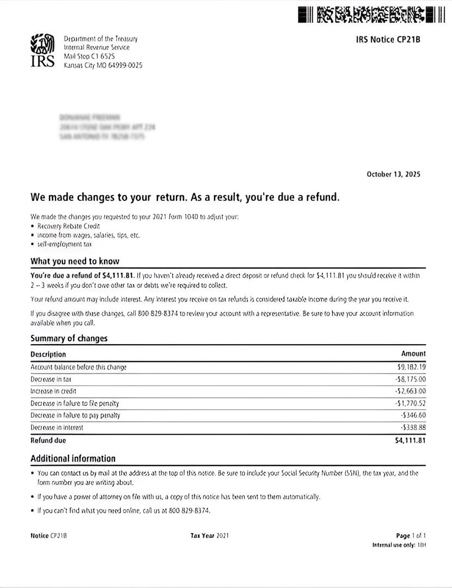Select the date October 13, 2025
(393, 174)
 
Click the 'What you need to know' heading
(75, 261)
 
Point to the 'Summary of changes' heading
(69, 338)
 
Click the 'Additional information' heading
(73, 458)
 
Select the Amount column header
(413, 354)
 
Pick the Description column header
(48, 354)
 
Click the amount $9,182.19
(411, 367)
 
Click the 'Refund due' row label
(48, 440)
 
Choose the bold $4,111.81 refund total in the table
(410, 440)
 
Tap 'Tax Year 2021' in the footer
(210, 536)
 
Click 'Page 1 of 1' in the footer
(411, 536)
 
